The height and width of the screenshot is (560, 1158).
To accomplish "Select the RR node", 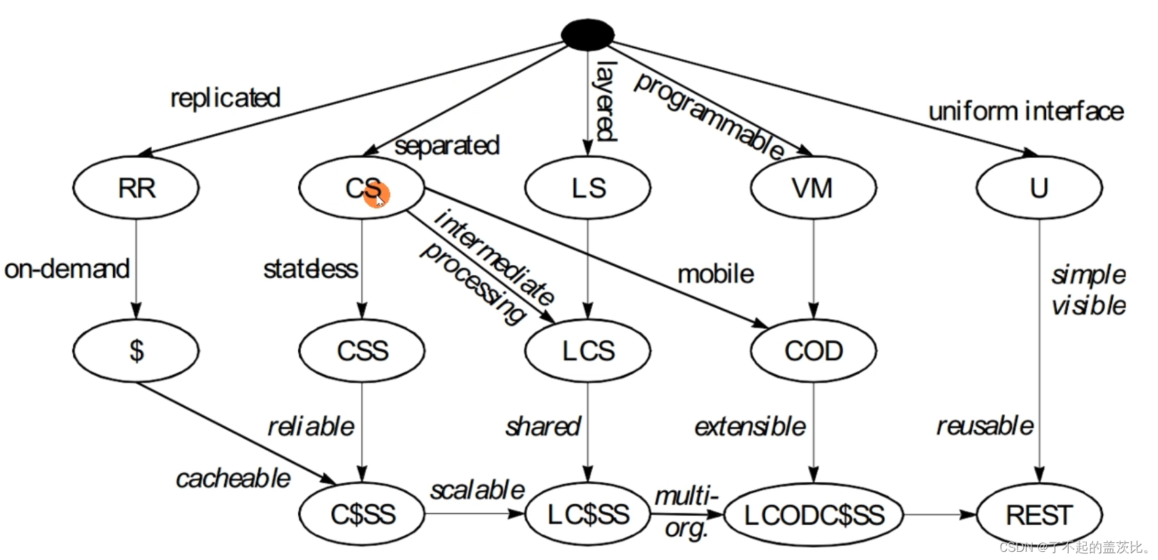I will [136, 188].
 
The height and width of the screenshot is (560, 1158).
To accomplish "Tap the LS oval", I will [588, 188].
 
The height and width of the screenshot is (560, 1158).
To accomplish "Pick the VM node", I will [813, 188].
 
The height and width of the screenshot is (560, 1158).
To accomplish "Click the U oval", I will [1039, 188].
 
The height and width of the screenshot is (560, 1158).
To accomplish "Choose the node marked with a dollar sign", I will [136, 351].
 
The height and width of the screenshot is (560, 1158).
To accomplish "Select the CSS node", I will [362, 351].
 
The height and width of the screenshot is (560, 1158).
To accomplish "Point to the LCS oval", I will [588, 351].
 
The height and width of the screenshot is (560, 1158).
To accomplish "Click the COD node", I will [813, 351].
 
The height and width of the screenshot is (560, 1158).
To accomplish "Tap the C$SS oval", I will [362, 515].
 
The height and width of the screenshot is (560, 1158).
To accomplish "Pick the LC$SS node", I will [588, 515].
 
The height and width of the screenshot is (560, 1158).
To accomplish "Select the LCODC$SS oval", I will [813, 515].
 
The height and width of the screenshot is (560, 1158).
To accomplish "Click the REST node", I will [1039, 515].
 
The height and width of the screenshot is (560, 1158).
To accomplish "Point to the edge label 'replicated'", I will [225, 98].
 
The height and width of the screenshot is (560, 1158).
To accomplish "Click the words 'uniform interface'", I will [1025, 111].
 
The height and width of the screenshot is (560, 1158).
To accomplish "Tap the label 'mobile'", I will [716, 274].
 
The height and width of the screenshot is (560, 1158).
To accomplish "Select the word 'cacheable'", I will [233, 479].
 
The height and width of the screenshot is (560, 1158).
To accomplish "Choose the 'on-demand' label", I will [66, 269].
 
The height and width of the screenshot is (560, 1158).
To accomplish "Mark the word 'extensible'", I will [750, 426].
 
